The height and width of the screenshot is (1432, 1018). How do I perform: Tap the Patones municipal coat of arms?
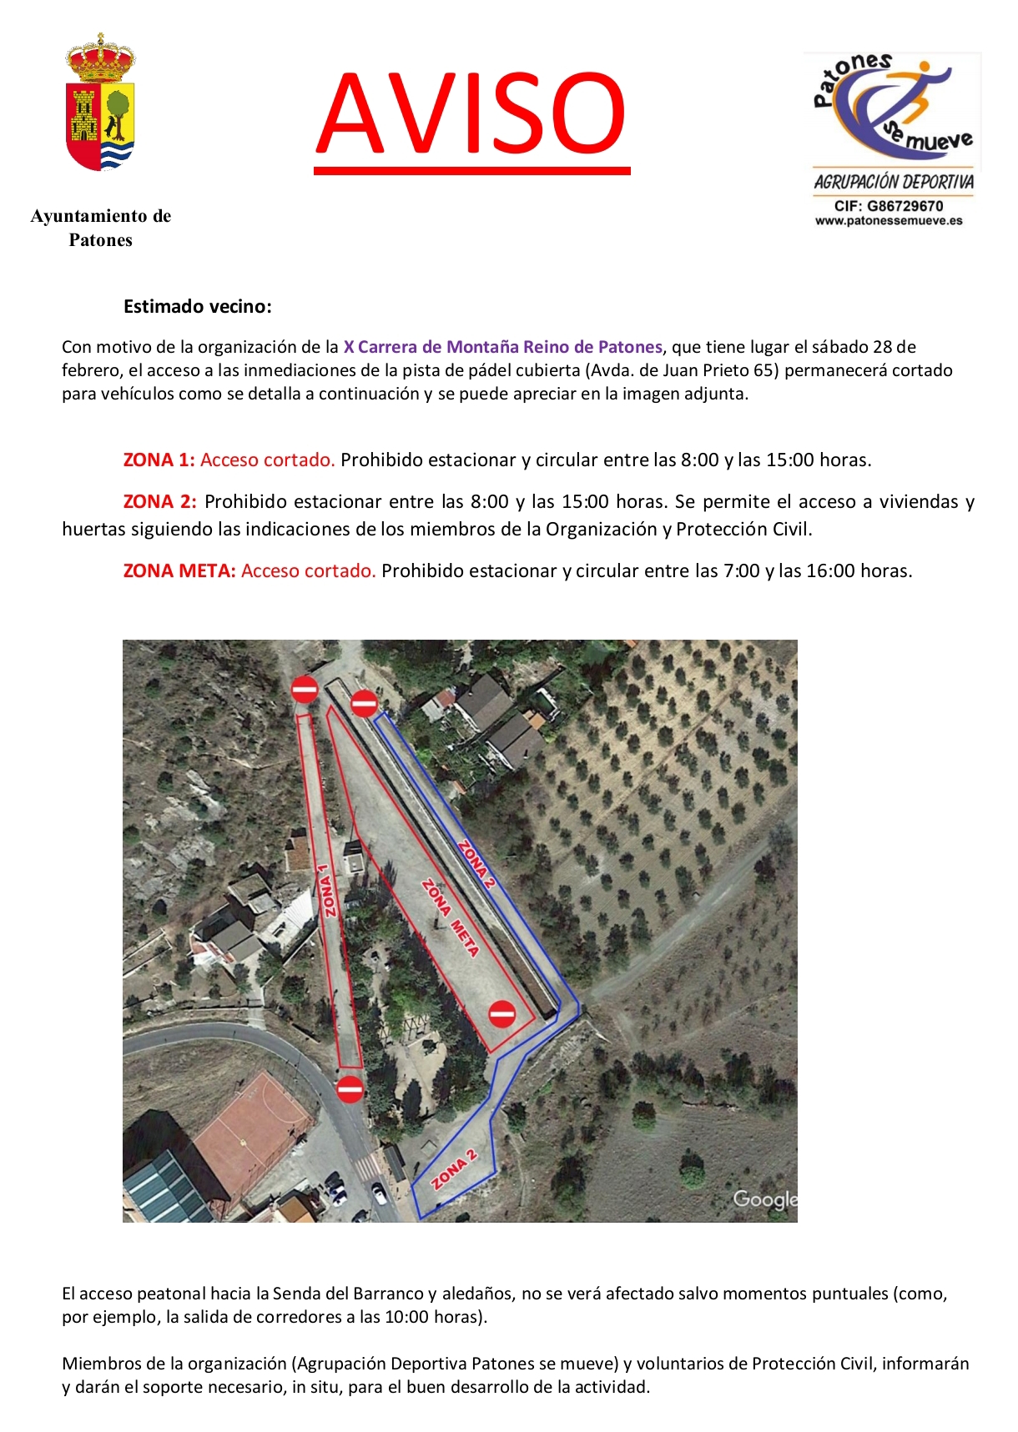100,103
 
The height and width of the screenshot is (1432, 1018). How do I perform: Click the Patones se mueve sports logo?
892,108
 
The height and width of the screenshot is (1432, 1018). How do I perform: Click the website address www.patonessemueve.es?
889,221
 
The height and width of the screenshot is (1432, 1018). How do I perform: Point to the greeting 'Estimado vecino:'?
198,306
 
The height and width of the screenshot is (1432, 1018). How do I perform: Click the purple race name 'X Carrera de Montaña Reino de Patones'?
502,347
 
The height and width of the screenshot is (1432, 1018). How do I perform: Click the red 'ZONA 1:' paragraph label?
159,460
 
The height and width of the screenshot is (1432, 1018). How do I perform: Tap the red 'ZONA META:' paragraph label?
179,570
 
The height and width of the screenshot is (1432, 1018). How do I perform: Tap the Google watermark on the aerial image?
764,1199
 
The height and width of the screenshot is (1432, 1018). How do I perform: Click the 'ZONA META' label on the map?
451,917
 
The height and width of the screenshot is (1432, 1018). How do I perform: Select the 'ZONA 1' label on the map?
328,890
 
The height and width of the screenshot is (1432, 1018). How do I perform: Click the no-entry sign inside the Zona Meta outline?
501,1013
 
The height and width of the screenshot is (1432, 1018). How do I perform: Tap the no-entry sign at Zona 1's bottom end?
350,1088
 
